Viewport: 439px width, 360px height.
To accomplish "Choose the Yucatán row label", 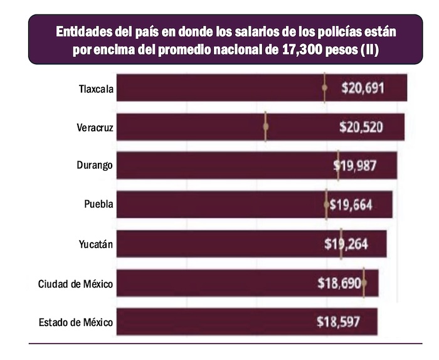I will (95, 244).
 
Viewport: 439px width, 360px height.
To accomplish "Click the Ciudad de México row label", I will (75, 284).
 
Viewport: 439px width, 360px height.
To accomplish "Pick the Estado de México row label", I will (75, 323).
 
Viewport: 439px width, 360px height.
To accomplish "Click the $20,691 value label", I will (362, 88).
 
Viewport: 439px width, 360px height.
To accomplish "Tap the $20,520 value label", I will (361, 127).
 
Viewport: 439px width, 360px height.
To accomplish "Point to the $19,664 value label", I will (352, 204).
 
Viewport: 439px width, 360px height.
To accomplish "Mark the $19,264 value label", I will (346, 244).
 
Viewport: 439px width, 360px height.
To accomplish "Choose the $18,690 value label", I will (339, 283).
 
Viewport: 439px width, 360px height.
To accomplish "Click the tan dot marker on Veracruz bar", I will (265, 127).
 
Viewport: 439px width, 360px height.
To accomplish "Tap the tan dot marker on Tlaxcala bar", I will (324, 88).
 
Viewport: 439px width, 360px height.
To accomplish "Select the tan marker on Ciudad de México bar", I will (364, 283).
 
